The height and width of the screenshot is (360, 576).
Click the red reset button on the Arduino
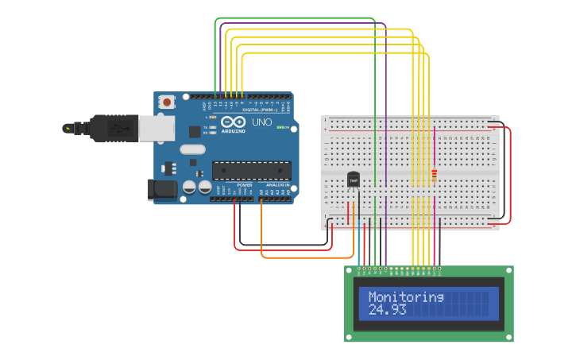click(x=167, y=102)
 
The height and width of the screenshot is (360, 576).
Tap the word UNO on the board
click(x=261, y=123)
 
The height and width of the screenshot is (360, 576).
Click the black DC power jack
click(x=161, y=189)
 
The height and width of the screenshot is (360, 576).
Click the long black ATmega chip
click(x=251, y=170)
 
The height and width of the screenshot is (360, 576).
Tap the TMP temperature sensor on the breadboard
click(x=354, y=180)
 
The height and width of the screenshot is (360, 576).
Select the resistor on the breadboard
click(x=434, y=175)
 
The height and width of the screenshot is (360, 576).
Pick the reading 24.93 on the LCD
click(x=388, y=309)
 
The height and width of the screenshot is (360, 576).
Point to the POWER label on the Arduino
click(x=244, y=184)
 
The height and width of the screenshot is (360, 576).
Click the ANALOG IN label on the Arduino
click(x=276, y=184)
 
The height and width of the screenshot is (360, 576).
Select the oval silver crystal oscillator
click(x=192, y=149)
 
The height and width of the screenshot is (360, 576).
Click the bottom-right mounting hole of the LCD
click(x=508, y=338)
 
